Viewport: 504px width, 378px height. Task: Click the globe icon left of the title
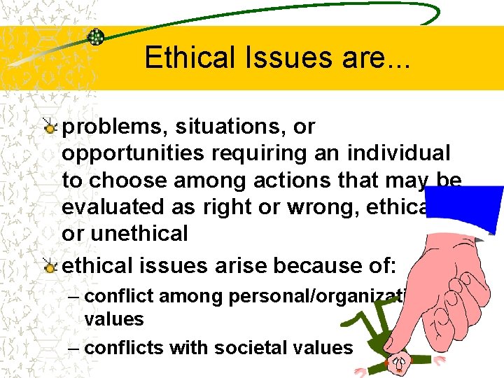coord(96,37)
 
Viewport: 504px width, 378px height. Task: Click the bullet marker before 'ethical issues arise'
coord(48,266)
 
